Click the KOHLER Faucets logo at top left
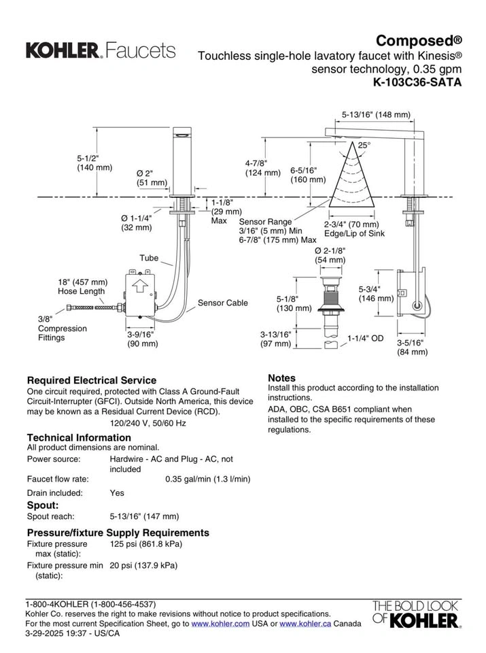click(100, 50)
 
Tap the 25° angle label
click(365, 145)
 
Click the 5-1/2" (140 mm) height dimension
click(94, 163)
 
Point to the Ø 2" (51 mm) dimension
click(152, 178)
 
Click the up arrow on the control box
click(141, 286)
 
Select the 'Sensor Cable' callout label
click(222, 303)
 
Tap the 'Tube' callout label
click(149, 258)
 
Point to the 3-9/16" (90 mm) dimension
click(143, 339)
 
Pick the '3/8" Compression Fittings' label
click(62, 328)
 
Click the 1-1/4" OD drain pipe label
click(366, 337)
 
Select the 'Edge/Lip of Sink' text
click(354, 234)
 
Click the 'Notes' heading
click(281, 378)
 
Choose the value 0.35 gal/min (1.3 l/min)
click(208, 479)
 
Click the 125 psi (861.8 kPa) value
click(145, 544)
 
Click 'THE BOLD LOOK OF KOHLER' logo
click(414, 614)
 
